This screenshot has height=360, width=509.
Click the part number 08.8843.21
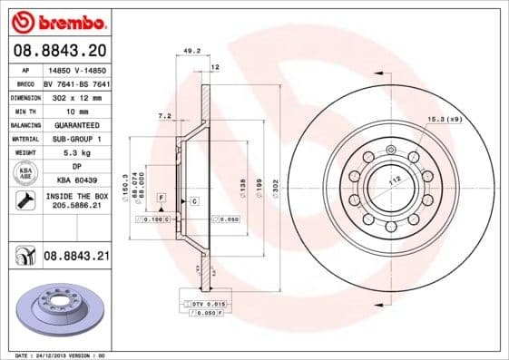pyautogui.click(x=75, y=258)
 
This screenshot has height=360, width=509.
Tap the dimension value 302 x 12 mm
pyautogui.click(x=75, y=96)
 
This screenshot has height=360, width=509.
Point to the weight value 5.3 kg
pyautogui.click(x=75, y=153)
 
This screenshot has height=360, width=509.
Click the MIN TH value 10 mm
pyautogui.click(x=75, y=111)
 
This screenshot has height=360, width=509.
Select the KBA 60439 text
pyautogui.click(x=75, y=181)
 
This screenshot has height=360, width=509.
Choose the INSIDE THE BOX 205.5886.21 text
pyautogui.click(x=75, y=201)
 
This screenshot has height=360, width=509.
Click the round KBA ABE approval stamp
pyautogui.click(x=24, y=174)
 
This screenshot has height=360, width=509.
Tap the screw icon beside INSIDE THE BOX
pyautogui.click(x=24, y=201)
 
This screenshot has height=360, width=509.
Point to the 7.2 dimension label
pyautogui.click(x=164, y=116)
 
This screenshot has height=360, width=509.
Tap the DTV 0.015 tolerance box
pyautogui.click(x=208, y=302)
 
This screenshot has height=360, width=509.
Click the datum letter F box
pyautogui.click(x=161, y=197)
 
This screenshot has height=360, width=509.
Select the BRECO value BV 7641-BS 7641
pyautogui.click(x=75, y=82)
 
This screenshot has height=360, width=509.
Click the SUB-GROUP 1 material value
pyautogui.click(x=75, y=139)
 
